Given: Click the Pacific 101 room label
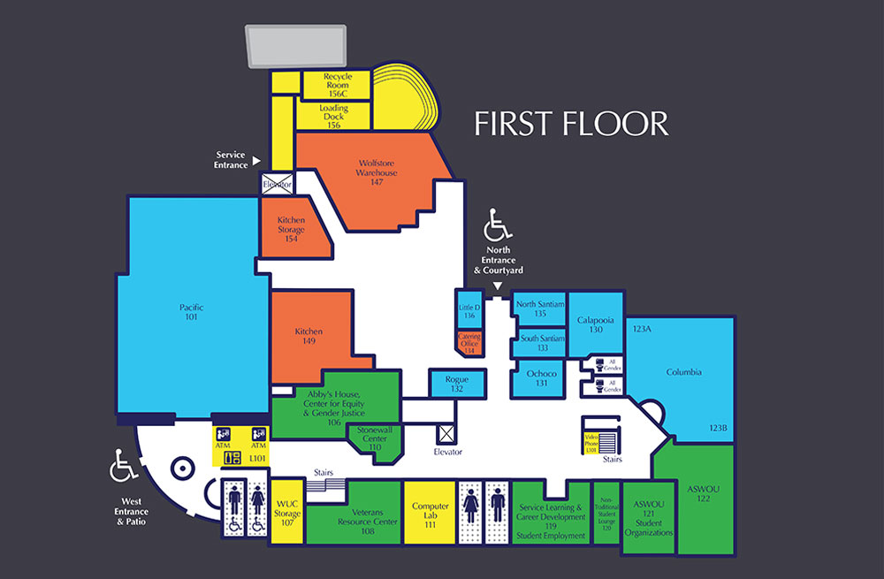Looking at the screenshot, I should point(191,313).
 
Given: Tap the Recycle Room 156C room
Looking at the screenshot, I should point(337,85).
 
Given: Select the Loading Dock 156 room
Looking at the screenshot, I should point(333,117).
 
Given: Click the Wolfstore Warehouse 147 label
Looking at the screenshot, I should point(377,172).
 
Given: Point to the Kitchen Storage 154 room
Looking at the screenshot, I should point(291,229).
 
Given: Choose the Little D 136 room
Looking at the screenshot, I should point(469,310).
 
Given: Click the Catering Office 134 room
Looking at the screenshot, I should point(469,343).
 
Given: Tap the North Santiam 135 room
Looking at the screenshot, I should point(540,309).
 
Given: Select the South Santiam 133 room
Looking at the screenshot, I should point(541,342).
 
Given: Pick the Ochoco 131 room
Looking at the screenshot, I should point(541,377).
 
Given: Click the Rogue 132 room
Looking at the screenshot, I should point(456,384).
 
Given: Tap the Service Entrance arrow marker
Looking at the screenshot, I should point(256,161).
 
